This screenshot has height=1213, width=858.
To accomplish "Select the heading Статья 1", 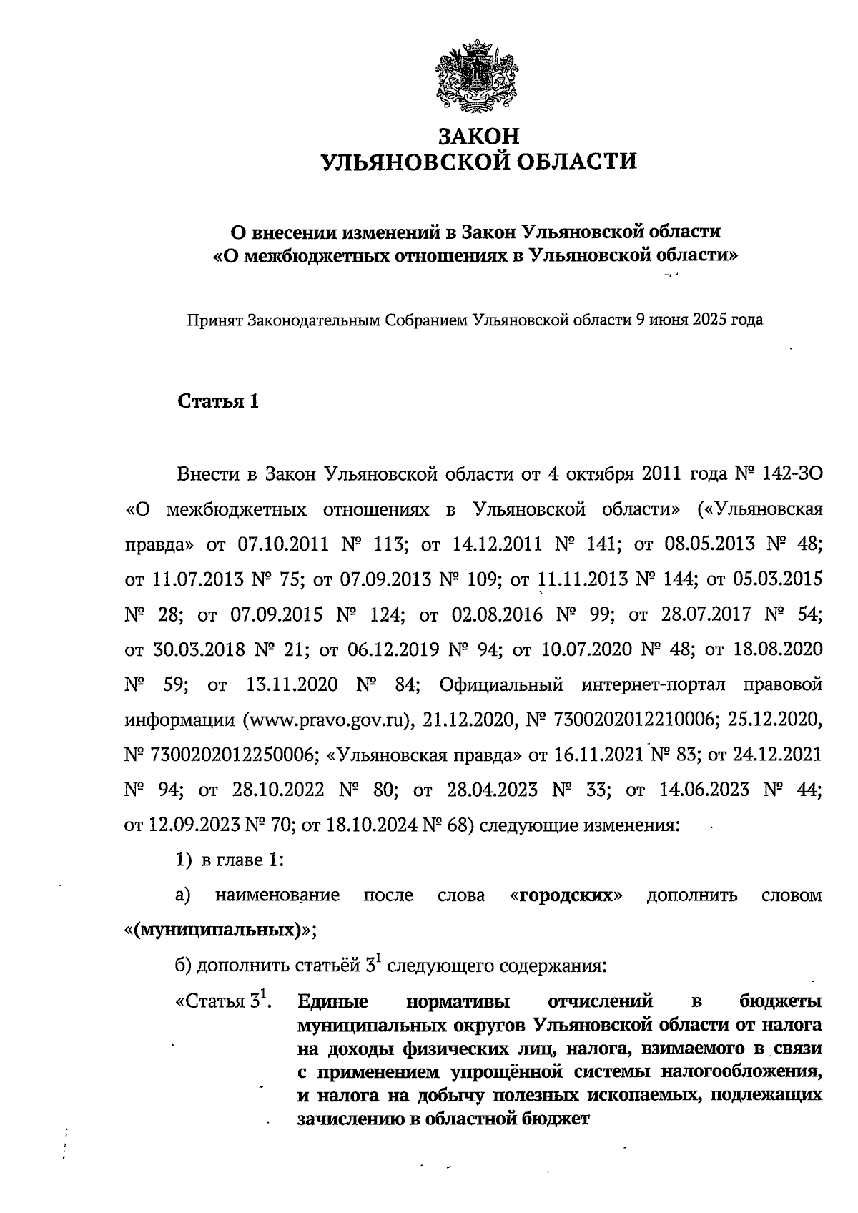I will [x=217, y=401].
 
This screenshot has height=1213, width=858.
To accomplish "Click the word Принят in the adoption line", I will [x=214, y=320].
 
